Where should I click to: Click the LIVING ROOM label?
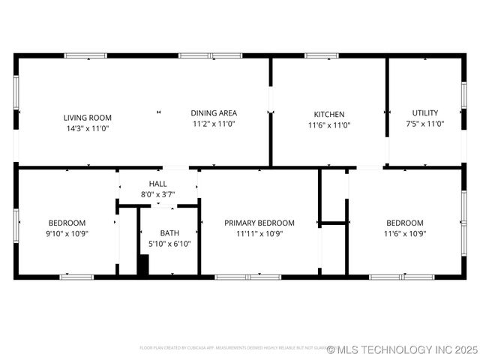pyautogui.click(x=88, y=117)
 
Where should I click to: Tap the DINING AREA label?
pyautogui.click(x=214, y=112)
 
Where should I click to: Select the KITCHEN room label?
pyautogui.click(x=329, y=115)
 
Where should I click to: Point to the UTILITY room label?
pyautogui.click(x=425, y=113)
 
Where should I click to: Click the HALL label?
pyautogui.click(x=158, y=184)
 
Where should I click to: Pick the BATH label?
pyautogui.click(x=169, y=232)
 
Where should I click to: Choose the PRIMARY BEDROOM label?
pyautogui.click(x=259, y=223)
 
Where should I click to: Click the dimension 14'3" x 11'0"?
pyautogui.click(x=88, y=128)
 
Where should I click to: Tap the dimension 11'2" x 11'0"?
pyautogui.click(x=214, y=124)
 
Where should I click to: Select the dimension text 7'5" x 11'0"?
pyautogui.click(x=425, y=124)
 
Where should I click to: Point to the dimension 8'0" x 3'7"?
pyautogui.click(x=158, y=195)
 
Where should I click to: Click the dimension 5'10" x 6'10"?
pyautogui.click(x=169, y=244)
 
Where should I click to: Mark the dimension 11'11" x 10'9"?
pyautogui.click(x=259, y=233)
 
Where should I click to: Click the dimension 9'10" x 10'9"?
pyautogui.click(x=67, y=233)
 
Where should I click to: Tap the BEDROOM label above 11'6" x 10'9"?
pyautogui.click(x=405, y=223)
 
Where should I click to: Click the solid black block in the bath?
pyautogui.click(x=143, y=265)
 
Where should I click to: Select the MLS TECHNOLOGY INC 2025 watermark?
pyautogui.click(x=403, y=349)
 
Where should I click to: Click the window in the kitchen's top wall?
pyautogui.click(x=321, y=55)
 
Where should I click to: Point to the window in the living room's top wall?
pyautogui.click(x=85, y=55)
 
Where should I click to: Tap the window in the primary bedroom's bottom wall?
pyautogui.click(x=248, y=277)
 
